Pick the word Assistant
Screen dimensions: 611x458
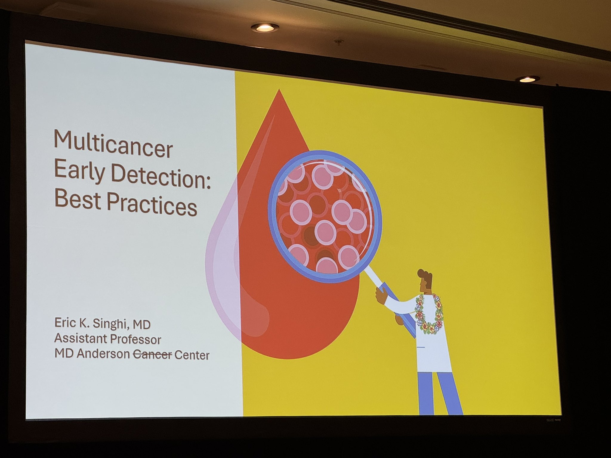tap(81, 338)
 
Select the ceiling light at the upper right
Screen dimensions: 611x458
tap(527, 79)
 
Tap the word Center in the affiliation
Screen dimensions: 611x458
tap(192, 355)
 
